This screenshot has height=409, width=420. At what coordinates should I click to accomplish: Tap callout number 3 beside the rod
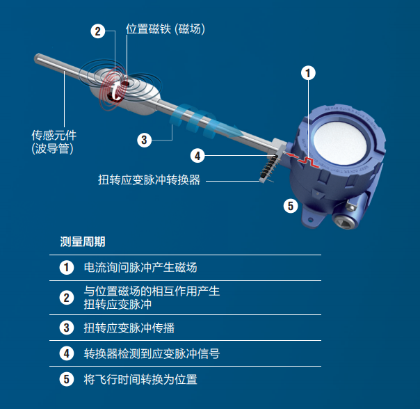(x=144, y=140)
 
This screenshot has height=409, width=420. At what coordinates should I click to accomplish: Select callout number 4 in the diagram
(x=197, y=155)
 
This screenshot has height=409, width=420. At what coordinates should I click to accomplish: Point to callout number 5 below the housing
(x=291, y=205)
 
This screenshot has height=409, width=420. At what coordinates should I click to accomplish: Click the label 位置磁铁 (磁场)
(x=165, y=29)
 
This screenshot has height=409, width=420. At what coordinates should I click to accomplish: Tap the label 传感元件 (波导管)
(x=52, y=141)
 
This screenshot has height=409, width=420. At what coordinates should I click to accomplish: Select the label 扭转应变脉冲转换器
(x=150, y=180)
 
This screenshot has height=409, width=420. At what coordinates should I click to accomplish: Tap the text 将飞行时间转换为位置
(x=140, y=380)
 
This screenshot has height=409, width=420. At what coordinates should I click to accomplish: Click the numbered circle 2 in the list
(x=67, y=298)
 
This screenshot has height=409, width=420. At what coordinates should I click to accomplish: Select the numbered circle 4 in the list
(x=67, y=353)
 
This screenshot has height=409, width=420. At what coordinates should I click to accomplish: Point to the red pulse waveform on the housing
(x=305, y=161)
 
